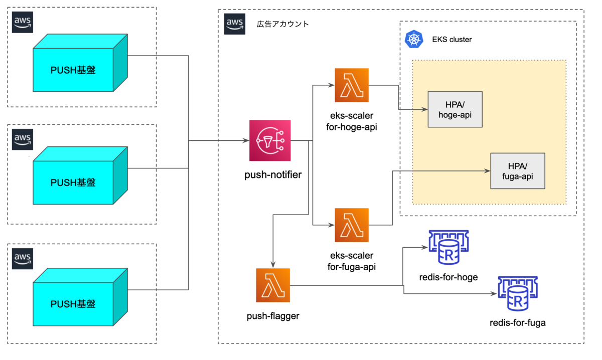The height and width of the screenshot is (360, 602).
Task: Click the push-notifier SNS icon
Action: pos(270,141)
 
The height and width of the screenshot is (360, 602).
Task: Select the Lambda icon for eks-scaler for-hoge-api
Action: pos(351,85)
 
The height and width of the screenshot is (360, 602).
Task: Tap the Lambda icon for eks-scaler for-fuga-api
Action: pos(351,225)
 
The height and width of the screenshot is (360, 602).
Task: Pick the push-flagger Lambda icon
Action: pos(273,285)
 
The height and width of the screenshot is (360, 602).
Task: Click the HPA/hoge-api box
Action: pos(455,109)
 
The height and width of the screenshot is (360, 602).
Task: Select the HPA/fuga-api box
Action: pos(518,171)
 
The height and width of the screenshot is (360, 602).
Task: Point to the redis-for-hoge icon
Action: pos(447,248)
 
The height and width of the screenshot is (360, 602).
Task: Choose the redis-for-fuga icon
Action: pos(517,294)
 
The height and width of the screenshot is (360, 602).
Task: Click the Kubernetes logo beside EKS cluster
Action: pos(414,39)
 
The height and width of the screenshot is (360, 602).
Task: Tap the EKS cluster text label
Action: pos(452,39)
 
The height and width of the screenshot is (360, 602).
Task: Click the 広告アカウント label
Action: pos(283,24)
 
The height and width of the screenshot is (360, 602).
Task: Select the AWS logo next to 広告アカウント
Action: pos(235,24)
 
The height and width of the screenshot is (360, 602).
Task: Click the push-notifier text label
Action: pos(273,175)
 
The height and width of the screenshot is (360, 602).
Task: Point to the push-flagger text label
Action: pos(273,316)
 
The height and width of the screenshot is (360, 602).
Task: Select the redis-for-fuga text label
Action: pos(518,322)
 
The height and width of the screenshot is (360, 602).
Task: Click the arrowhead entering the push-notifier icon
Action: pos(246,141)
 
